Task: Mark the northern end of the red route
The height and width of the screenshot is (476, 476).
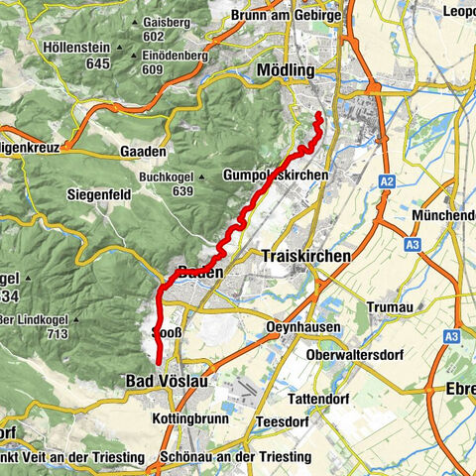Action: pyautogui.click(x=319, y=117)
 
